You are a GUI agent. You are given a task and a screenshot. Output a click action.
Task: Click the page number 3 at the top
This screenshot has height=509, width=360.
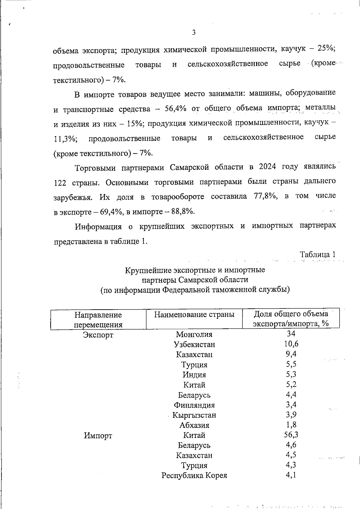[x=193, y=32]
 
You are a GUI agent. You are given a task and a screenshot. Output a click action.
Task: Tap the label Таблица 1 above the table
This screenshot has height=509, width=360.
[x=317, y=255]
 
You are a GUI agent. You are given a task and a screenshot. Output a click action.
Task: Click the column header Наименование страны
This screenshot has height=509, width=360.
[x=194, y=314]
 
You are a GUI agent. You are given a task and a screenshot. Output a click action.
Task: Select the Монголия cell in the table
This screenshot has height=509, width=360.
[x=194, y=334]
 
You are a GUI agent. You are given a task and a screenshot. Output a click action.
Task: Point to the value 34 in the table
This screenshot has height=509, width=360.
[x=291, y=334]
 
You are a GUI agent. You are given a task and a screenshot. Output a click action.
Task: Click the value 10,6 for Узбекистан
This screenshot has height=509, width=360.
[x=291, y=344]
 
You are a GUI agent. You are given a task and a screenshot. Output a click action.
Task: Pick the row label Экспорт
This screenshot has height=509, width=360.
[x=98, y=335]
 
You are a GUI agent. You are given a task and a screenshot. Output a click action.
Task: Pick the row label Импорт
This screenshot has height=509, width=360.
[x=98, y=436]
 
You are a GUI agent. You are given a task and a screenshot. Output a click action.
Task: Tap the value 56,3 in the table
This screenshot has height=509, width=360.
[x=291, y=435]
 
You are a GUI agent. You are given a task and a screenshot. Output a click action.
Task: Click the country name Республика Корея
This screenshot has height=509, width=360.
[x=194, y=475]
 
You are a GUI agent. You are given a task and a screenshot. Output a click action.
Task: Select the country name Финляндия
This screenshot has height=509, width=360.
[x=194, y=405]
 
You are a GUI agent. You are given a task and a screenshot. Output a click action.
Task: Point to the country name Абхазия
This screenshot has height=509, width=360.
[x=194, y=425]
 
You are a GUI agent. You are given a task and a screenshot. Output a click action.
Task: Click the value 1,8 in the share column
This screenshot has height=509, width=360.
[x=291, y=424]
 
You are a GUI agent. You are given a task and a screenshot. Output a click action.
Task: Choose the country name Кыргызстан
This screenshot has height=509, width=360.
[x=194, y=415]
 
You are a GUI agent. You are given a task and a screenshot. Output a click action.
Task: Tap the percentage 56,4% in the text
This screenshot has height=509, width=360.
[x=176, y=109]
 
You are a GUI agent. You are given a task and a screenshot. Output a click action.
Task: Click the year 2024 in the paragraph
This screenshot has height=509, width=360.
[x=266, y=167]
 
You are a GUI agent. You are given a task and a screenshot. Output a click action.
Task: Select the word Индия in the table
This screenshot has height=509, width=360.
[x=194, y=375]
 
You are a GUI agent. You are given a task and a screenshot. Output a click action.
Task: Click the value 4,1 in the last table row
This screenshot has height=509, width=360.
[x=291, y=475]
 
